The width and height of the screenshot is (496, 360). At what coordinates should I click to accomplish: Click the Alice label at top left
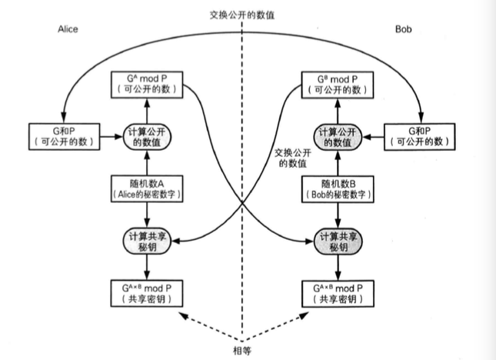(x=68, y=29)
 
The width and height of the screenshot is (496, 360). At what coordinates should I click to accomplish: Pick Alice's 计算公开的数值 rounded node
(x=147, y=137)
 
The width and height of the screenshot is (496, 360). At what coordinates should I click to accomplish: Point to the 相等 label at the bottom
(x=241, y=347)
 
